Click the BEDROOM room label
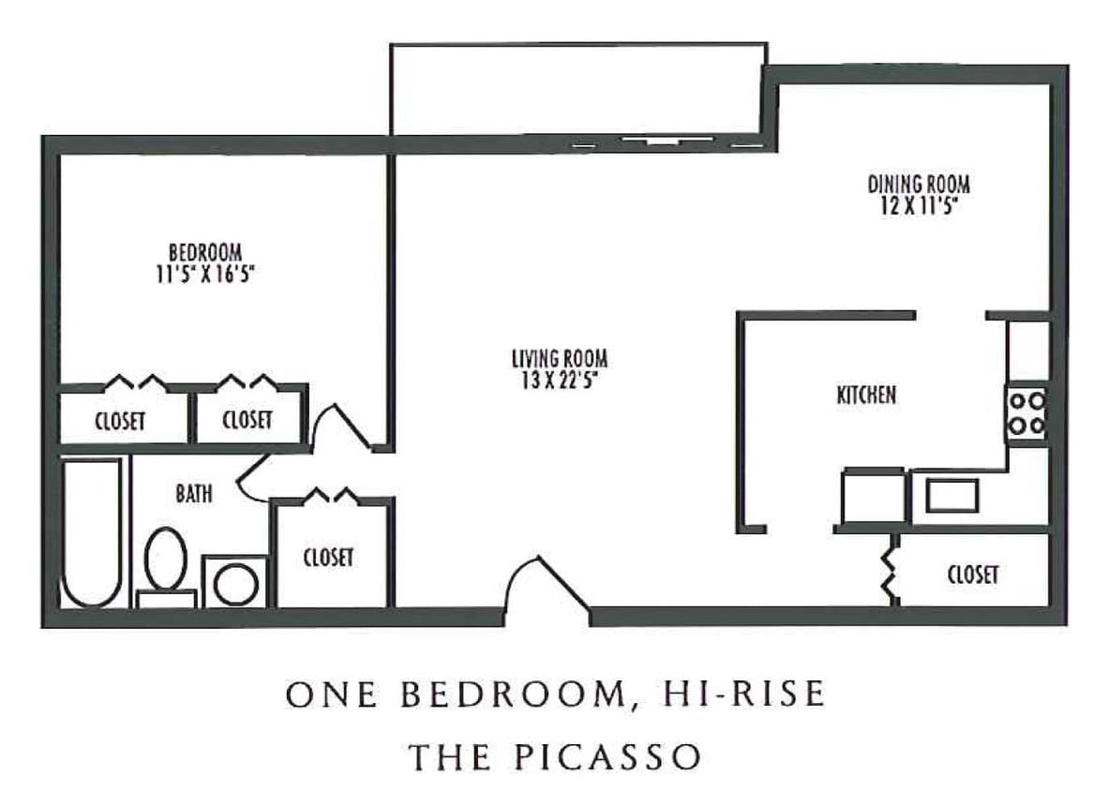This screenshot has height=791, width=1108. click(x=205, y=252)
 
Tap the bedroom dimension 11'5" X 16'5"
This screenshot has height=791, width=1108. click(x=205, y=273)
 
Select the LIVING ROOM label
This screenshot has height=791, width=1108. click(x=560, y=358)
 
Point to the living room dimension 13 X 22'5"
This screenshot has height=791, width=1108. click(x=560, y=379)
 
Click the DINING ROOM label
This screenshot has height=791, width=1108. click(x=918, y=183)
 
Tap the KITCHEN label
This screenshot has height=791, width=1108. click(x=866, y=395)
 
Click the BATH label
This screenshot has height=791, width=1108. click(x=194, y=493)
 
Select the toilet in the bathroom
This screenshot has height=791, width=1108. click(x=166, y=561)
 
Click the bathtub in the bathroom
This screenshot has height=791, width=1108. click(x=92, y=531)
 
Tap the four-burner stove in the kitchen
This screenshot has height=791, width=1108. click(x=1026, y=413)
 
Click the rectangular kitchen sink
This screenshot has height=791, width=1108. click(x=952, y=495)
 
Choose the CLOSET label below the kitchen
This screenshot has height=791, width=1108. click(x=973, y=575)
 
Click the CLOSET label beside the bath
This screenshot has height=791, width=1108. click(x=329, y=557)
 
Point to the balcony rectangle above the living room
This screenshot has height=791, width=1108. click(x=577, y=89)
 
